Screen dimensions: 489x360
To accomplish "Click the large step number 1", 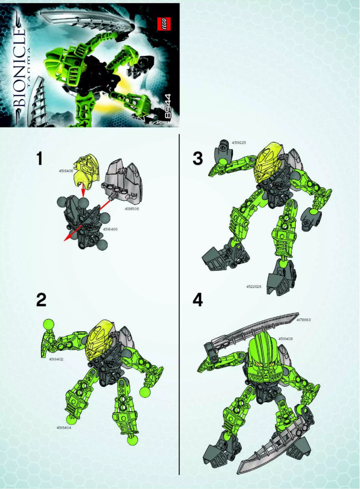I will pos(40,159).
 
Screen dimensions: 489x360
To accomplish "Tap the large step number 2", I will pos(41,300).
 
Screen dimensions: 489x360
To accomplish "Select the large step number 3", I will pos(198,158).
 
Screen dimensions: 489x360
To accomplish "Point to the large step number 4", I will pos(198,300).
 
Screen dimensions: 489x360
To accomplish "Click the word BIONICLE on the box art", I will pos(17,67).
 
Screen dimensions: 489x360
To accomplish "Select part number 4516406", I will pos(66,170).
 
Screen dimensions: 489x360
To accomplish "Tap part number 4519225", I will pos(239,143).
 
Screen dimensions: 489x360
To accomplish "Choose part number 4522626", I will pos(254,286).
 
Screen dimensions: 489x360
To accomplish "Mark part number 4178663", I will pos(304,320).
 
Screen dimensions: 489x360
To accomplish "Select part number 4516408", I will pos(286,339).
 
